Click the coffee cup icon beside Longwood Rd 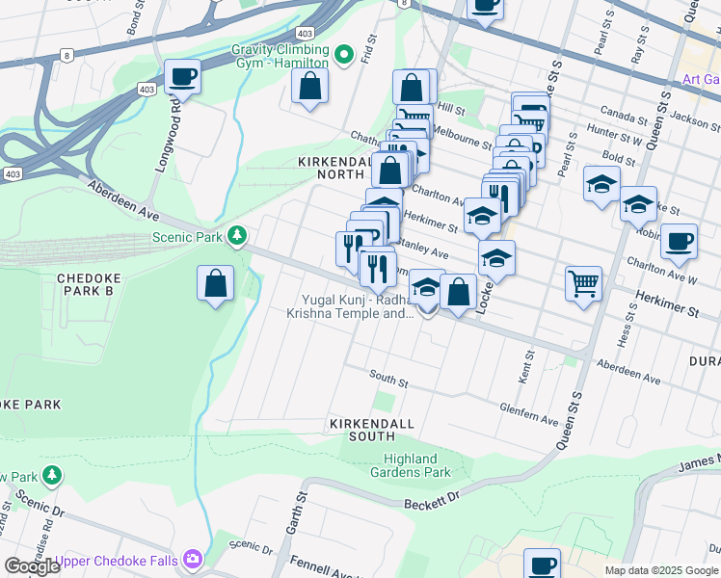pos(181,76)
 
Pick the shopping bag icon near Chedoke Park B pos(215,284)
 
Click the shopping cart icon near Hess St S pos(583,284)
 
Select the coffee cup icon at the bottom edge pos(543,565)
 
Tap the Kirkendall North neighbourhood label pos(334,169)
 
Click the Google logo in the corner pos(33,566)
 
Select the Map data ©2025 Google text pos(661,570)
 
